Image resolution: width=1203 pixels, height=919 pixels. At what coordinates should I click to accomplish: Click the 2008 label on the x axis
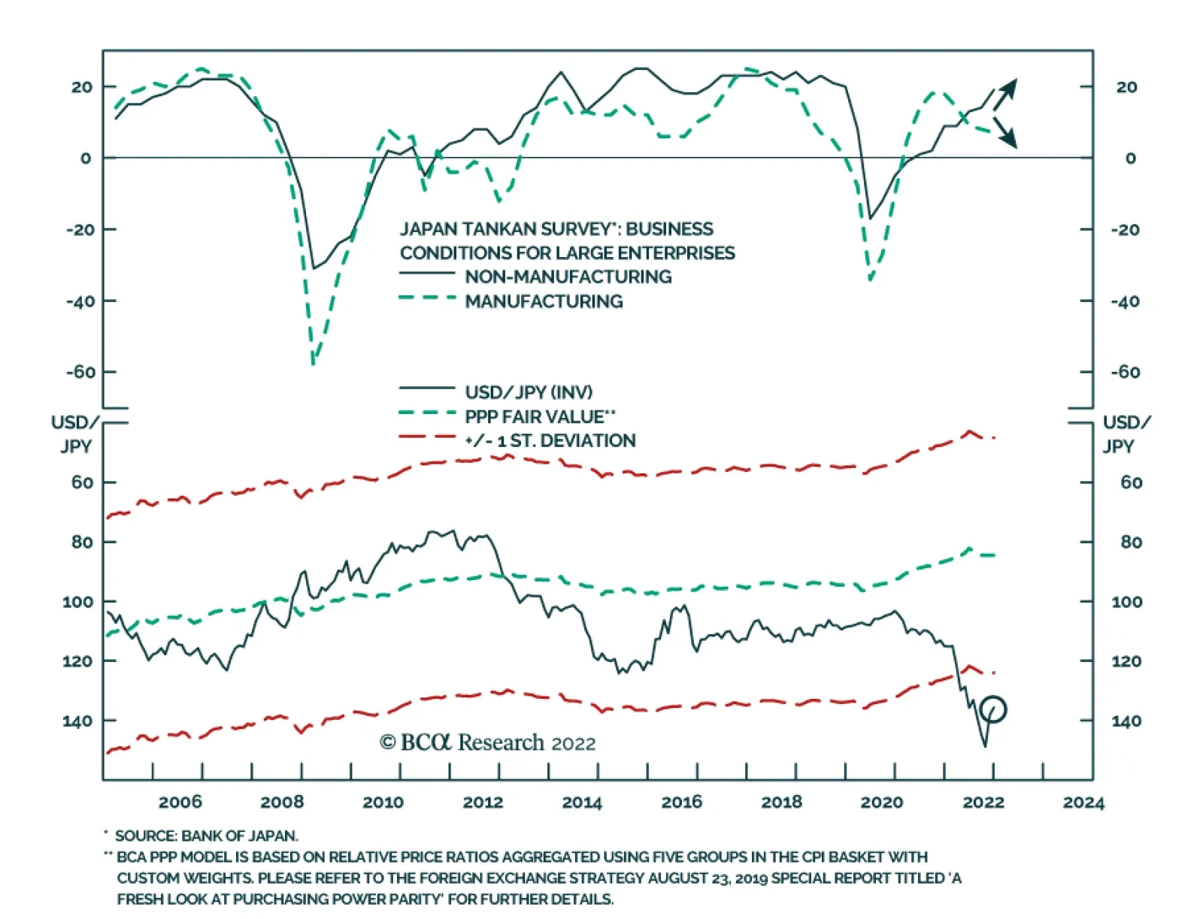tap(282, 802)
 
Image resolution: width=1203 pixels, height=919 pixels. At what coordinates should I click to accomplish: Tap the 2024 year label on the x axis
tap(1083, 802)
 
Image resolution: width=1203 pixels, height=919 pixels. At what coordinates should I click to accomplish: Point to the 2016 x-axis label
tap(682, 802)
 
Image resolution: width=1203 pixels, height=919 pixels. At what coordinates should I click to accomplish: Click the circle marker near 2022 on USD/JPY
tap(993, 709)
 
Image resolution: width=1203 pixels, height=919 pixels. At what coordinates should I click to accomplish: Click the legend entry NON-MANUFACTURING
tap(568, 277)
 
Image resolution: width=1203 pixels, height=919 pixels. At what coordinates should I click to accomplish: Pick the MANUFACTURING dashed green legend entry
tap(544, 301)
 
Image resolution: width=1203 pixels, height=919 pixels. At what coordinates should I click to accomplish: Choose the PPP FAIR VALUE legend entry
tap(540, 416)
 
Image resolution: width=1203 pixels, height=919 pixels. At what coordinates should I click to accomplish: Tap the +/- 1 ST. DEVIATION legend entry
tap(550, 441)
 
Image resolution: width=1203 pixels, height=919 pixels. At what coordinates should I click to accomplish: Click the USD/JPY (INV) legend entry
tap(529, 392)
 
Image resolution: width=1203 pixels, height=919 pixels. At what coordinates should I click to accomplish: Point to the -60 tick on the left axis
tap(80, 372)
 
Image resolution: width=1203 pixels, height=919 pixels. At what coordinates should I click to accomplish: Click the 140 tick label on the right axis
tap(1126, 721)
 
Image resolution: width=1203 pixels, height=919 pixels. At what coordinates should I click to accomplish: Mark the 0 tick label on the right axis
tap(1130, 159)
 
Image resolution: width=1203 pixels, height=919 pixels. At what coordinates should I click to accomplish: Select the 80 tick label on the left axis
tap(82, 542)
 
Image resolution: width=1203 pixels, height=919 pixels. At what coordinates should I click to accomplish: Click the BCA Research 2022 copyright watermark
tap(487, 743)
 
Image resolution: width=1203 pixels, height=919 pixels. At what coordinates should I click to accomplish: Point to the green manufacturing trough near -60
tap(313, 364)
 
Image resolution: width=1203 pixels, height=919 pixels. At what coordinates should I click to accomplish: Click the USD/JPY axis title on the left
tap(75, 434)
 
